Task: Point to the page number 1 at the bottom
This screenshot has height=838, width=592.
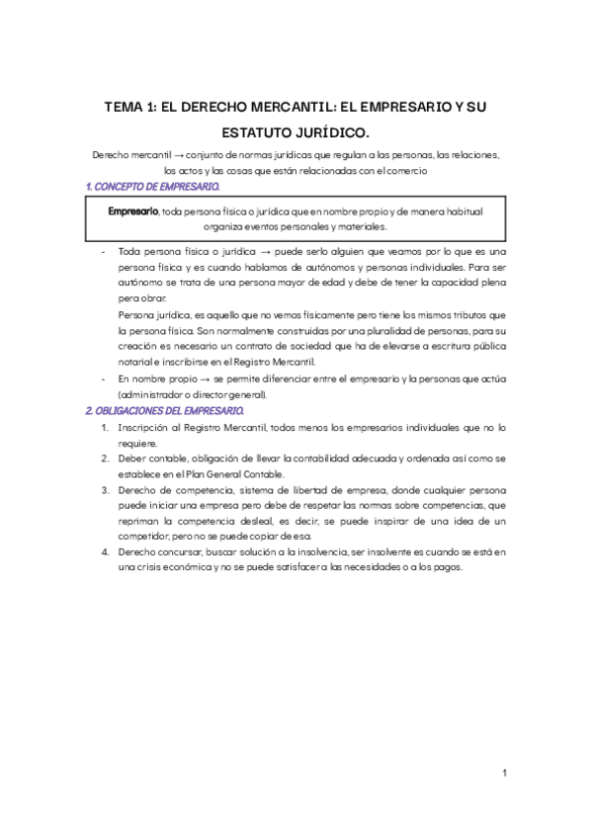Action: pyautogui.click(x=504, y=774)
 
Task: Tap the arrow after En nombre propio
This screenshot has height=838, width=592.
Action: pyautogui.click(x=191, y=378)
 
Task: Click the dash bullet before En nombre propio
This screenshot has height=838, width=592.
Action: pyautogui.click(x=104, y=378)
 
